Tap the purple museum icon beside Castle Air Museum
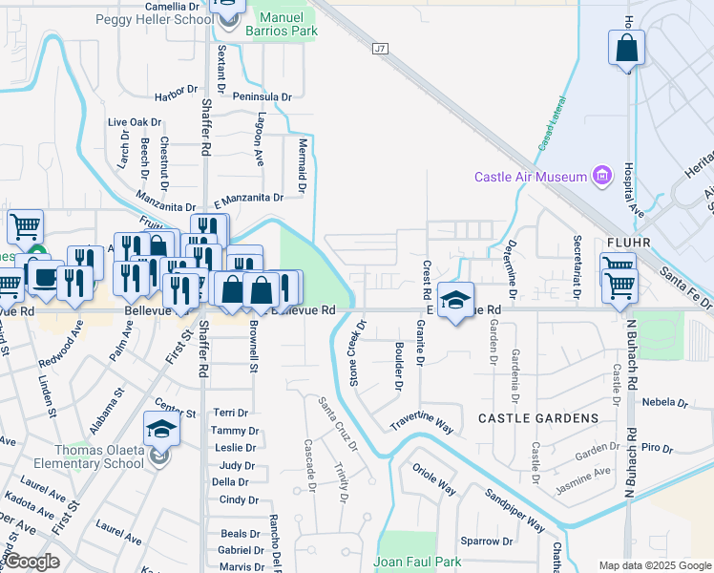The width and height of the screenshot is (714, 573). (601, 176)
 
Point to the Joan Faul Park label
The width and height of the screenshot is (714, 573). (417, 562)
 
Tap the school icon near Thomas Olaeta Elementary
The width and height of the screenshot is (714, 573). (161, 431)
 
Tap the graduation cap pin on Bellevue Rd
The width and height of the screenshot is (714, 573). (456, 300)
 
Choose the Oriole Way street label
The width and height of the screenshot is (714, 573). (434, 478)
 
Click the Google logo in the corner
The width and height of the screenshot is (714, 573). (31, 562)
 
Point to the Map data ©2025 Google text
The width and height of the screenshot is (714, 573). (654, 565)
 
